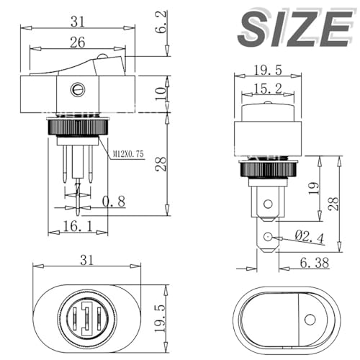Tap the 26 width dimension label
[x=76, y=42]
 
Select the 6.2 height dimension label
[x=165, y=28]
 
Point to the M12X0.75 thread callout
[x=130, y=153]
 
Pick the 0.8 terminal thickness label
[x=114, y=202]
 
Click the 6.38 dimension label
[x=307, y=263]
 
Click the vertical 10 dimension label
[x=165, y=93]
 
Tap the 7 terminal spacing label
[x=77, y=189]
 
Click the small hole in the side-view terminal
[x=268, y=237]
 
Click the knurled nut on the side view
[x=266, y=170]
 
